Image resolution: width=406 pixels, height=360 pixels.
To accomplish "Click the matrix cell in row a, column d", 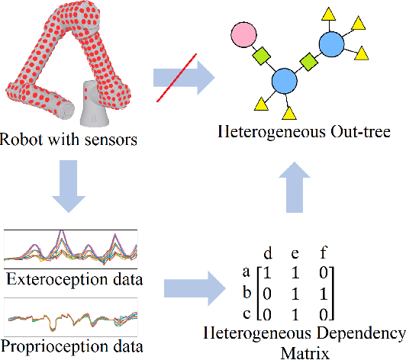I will [266, 271].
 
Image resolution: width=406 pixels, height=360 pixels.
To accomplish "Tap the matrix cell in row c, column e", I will [295, 313].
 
